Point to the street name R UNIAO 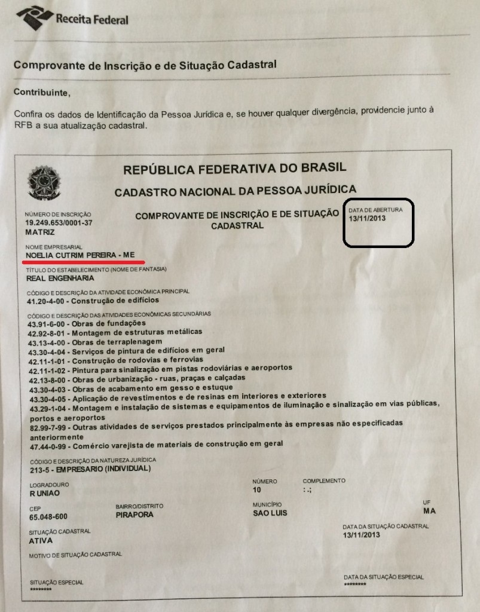[x=44, y=494]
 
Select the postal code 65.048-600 [x=48, y=517]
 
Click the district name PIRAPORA [x=134, y=515]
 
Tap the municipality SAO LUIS [x=270, y=513]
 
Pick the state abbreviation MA [x=429, y=511]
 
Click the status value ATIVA [x=41, y=541]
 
